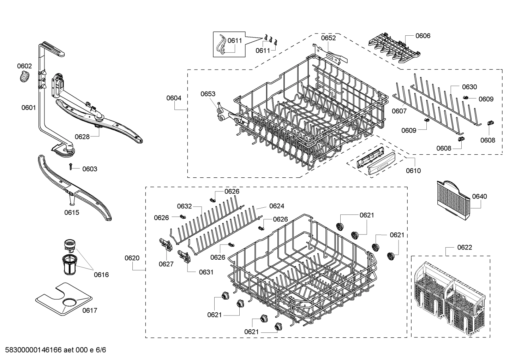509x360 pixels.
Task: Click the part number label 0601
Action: coord(28,108)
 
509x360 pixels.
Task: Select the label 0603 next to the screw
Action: coord(90,169)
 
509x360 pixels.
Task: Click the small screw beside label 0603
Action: coord(71,166)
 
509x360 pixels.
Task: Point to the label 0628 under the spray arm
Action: coord(82,137)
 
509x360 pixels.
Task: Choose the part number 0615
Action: coord(72,212)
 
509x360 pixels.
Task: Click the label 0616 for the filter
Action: coord(101,275)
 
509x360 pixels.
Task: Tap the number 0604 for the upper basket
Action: coord(174,98)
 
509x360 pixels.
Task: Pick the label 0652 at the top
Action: coord(328,38)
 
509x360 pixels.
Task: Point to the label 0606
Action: coord(423,36)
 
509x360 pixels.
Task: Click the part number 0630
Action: coord(469,87)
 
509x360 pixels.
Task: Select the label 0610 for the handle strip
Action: coord(413,171)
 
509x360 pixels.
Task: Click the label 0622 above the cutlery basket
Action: coord(465,247)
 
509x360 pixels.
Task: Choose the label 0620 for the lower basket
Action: coord(132,258)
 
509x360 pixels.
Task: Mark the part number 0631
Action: coord(206,272)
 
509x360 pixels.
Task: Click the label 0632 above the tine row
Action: coord(184,206)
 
